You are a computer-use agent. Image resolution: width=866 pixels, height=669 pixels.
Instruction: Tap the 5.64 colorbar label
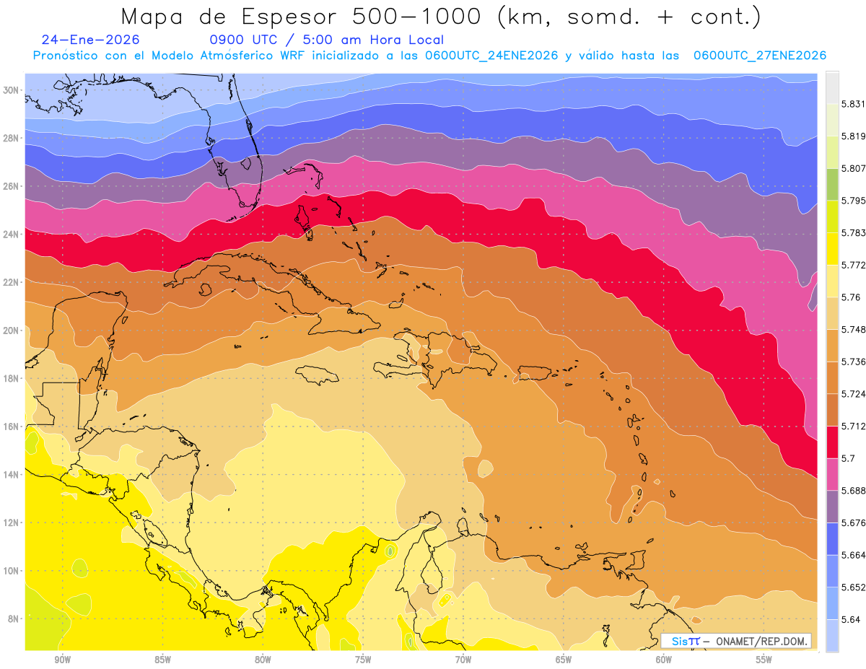[x=849, y=619]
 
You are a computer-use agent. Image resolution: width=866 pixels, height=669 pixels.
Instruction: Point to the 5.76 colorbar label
[x=849, y=297]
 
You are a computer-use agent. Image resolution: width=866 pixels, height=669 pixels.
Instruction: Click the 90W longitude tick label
[x=63, y=660]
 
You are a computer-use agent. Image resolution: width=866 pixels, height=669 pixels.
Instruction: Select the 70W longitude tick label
[x=463, y=660]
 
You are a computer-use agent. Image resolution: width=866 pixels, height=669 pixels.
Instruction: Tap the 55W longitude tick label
[x=764, y=660]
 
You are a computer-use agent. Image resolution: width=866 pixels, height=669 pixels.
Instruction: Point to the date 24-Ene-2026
[x=90, y=40]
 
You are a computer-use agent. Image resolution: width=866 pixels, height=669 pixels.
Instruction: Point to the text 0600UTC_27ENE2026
[x=759, y=56]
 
